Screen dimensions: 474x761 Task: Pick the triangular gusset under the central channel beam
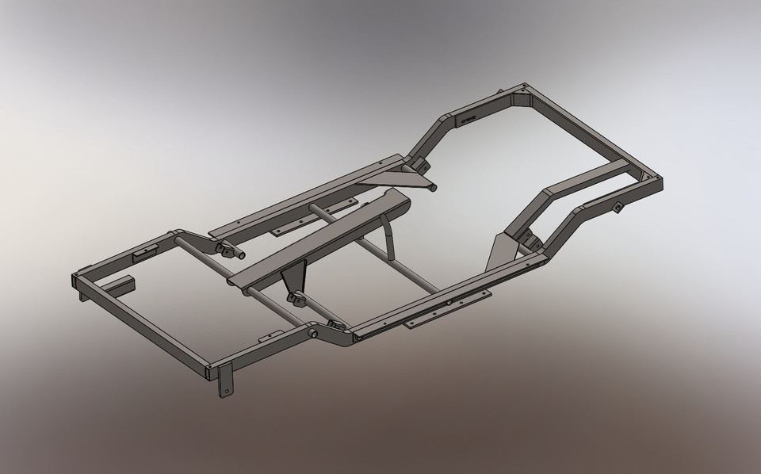[293, 278]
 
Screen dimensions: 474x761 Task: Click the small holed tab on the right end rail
[616, 208]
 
